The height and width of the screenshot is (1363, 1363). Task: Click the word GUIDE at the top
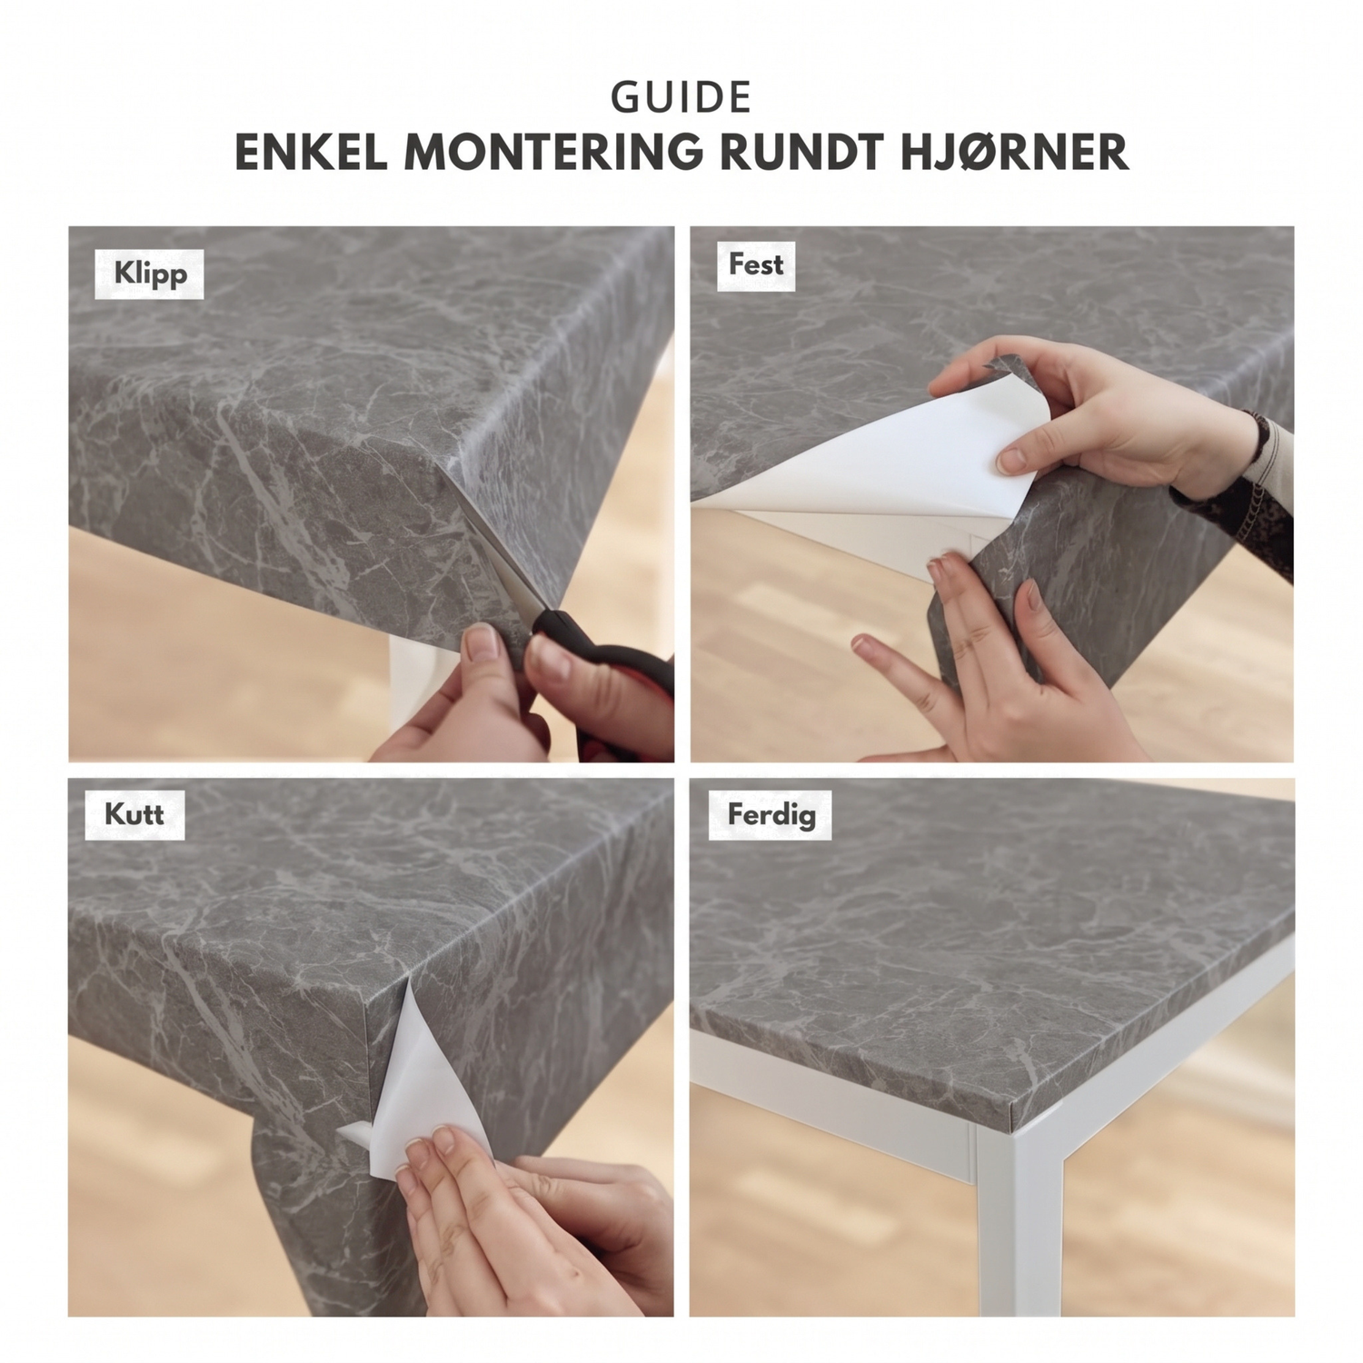pos(681,98)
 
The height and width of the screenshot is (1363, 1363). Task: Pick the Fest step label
pos(755,264)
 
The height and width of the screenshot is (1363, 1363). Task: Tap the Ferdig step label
pos(771,813)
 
